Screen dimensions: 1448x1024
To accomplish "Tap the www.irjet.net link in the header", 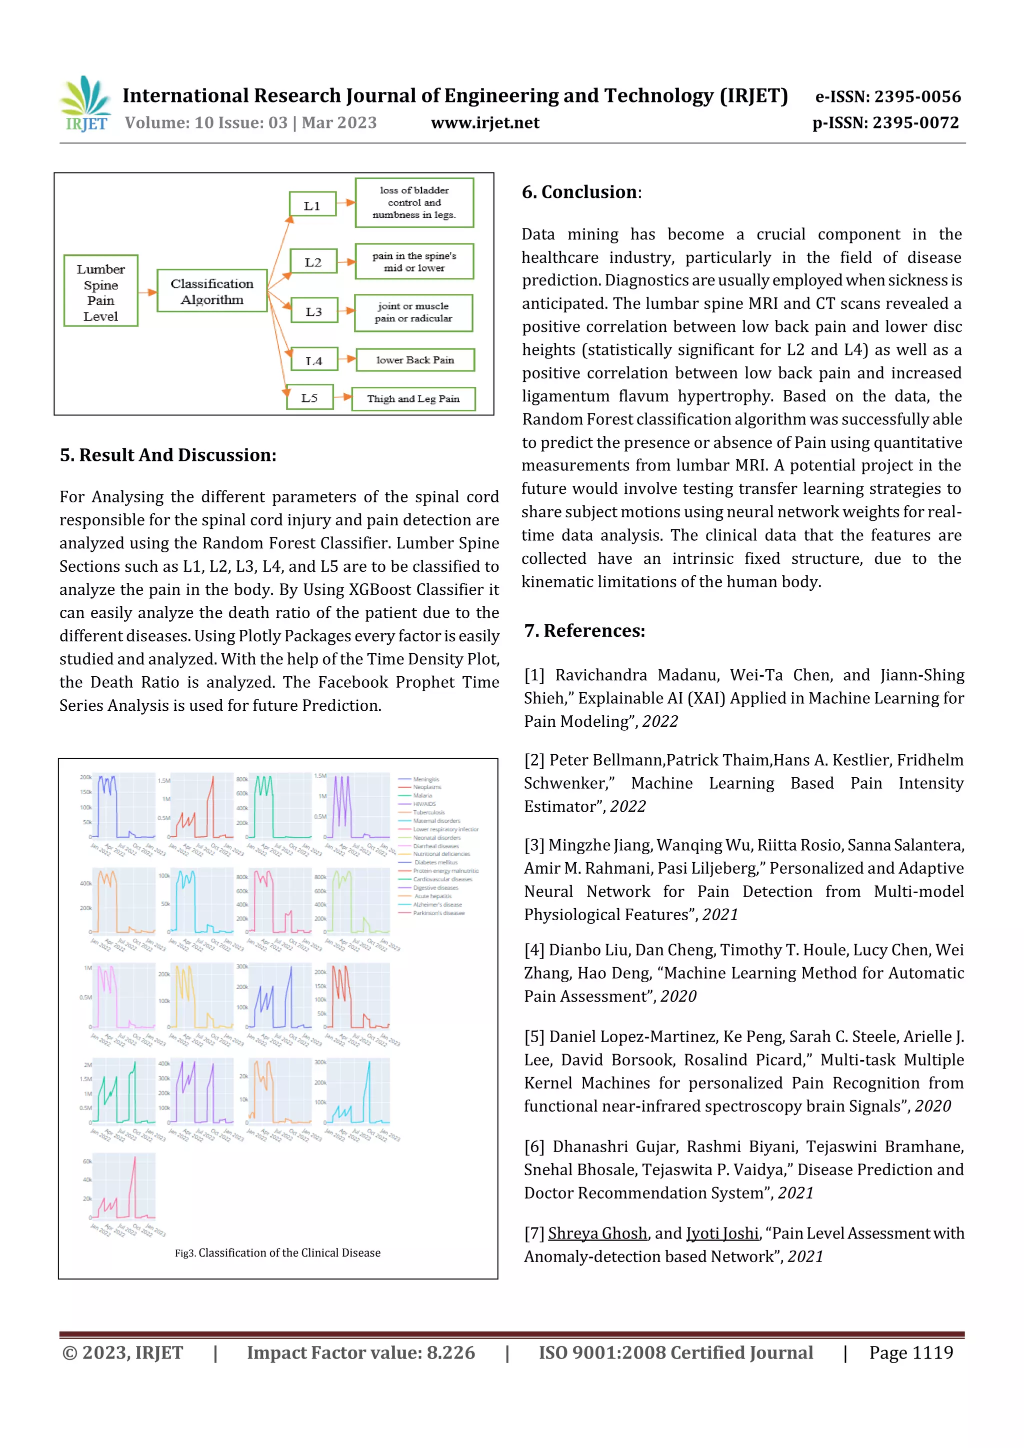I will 484,123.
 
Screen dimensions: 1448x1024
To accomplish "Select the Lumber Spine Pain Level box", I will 101,291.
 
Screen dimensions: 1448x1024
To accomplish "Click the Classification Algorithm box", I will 212,291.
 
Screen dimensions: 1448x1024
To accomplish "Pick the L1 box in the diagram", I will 312,205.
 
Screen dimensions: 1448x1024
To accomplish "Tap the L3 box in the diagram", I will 314,311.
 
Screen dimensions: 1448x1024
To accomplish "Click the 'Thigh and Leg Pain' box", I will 413,398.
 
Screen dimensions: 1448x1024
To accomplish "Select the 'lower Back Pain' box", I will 415,360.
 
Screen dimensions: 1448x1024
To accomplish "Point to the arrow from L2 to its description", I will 345,261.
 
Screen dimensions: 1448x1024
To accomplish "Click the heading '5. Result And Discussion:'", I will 168,455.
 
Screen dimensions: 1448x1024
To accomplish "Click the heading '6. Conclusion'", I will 580,192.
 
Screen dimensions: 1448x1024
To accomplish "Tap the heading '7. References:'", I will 584,631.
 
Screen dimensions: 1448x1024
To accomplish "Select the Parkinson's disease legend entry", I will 438,913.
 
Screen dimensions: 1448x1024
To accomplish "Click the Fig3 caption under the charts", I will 277,1253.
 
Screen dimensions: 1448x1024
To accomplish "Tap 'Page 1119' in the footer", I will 910,1353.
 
